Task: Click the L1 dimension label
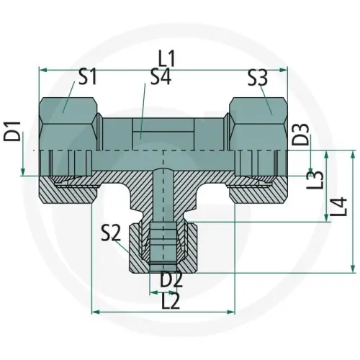pyautogui.click(x=167, y=57)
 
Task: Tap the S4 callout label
pyautogui.click(x=162, y=78)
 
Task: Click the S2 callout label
pyautogui.click(x=111, y=232)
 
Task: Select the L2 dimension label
pyautogui.click(x=171, y=301)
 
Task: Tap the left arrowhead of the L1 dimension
pyautogui.click(x=42, y=70)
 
